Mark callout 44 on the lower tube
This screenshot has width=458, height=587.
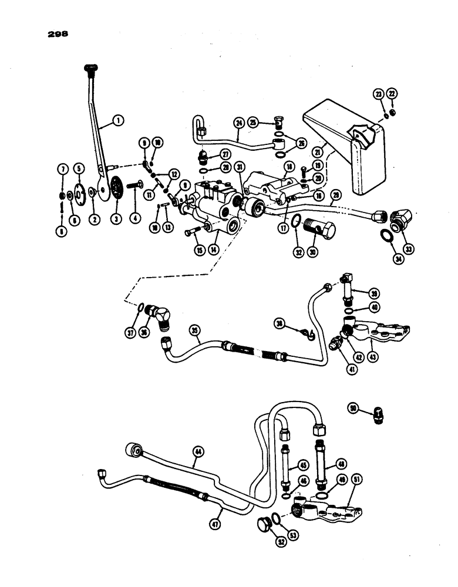tap(198, 451)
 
